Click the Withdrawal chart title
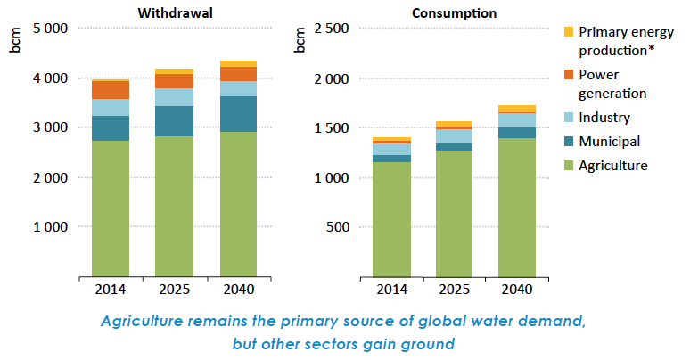(x=174, y=12)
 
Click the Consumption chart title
(x=455, y=12)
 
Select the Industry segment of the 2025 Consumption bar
(x=454, y=136)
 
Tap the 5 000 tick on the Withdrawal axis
(x=51, y=29)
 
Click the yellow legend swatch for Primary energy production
(x=568, y=32)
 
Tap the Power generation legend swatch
(x=568, y=75)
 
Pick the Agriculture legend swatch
(x=568, y=165)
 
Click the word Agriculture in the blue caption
(x=140, y=321)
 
